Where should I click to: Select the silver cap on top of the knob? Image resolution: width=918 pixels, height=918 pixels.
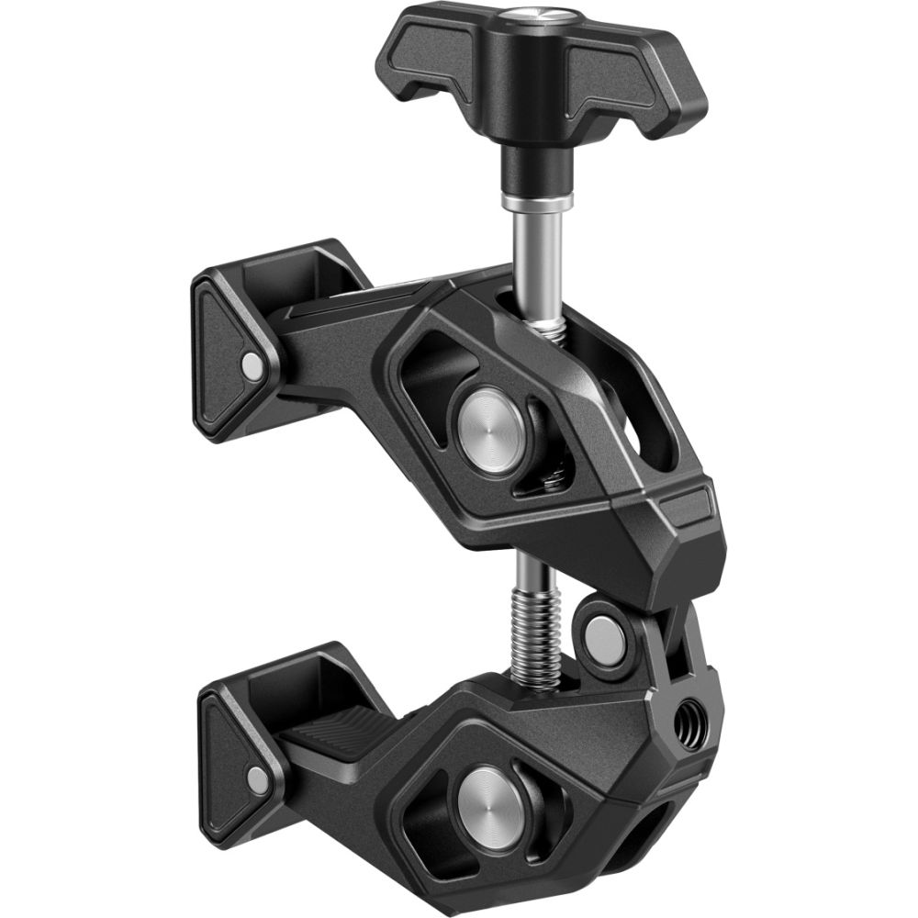click(x=530, y=15)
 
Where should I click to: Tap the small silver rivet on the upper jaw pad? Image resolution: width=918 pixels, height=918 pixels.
click(x=249, y=365)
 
